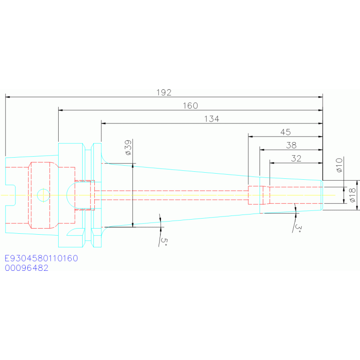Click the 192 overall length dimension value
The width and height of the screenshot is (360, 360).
pos(164,92)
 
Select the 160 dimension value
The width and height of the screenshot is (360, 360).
pos(191,106)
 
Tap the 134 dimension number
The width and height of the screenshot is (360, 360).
pos(212,119)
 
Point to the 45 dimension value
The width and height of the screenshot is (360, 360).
pos(286,132)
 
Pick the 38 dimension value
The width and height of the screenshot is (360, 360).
pos(291,146)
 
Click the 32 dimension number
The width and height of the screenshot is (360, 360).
pos(296,159)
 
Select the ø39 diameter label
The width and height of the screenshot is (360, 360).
pos(128,148)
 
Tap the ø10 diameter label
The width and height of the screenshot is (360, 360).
pos(339,165)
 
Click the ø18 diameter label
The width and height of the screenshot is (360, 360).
pos(352,195)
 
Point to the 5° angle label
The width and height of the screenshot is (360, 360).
pos(164,241)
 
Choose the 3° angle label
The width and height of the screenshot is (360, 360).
pos(298,228)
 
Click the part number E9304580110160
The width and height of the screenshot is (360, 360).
pos(41,258)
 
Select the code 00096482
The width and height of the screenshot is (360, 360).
pos(27,268)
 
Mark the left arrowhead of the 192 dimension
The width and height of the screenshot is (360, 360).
pos(8,97)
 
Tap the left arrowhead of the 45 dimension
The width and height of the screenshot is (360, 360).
pos(251,137)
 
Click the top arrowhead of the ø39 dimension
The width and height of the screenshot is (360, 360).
pos(133,166)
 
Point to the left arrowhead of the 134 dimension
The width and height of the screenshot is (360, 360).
pos(104,123)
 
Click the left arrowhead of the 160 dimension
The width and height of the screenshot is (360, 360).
pos(61,110)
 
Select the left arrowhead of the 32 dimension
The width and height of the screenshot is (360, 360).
pos(272,163)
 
